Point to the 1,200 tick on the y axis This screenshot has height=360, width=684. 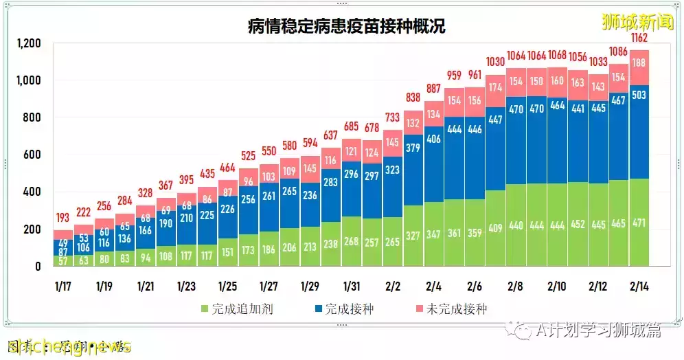[28, 44]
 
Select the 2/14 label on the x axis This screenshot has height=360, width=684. [640, 285]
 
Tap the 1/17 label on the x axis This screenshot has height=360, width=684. [64, 285]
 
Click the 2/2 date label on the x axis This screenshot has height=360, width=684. [393, 285]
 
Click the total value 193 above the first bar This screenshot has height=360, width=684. [62, 218]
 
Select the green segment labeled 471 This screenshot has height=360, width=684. [639, 223]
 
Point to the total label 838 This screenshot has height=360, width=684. [413, 97]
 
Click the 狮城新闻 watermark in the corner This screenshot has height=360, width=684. [628, 21]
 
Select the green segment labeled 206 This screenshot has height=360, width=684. [289, 247]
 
